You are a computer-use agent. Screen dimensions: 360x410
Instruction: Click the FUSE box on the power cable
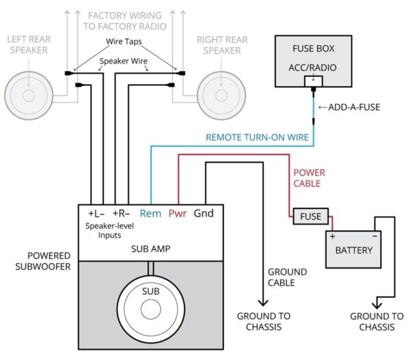tap(311, 217)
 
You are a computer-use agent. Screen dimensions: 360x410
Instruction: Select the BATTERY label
tap(353, 250)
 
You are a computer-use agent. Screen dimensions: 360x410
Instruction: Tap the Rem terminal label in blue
tap(150, 213)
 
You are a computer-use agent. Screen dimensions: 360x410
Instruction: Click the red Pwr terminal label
tap(178, 213)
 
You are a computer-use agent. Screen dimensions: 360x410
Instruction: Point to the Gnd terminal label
tap(203, 213)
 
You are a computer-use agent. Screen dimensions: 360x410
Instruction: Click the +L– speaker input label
tap(98, 213)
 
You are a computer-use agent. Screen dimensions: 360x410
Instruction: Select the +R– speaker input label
tap(122, 213)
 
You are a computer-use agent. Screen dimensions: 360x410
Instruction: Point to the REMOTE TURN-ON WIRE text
tap(258, 137)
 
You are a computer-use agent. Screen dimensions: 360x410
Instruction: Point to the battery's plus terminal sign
tap(333, 236)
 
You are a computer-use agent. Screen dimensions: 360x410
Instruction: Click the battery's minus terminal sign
tap(374, 236)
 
